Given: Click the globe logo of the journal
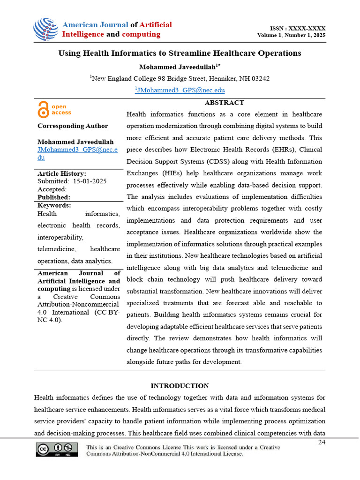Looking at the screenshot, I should pos(45,29).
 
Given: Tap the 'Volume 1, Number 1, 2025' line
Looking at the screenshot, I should pos(291,36).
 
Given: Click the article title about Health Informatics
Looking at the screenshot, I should pos(180,53).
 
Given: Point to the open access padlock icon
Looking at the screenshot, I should pos(43,109).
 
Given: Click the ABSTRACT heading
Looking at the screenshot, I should pos(224,103).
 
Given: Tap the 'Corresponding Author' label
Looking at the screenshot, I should pos(73,126).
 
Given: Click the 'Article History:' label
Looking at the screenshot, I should pos(61,173).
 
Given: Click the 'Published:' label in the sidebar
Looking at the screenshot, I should pos(54,197).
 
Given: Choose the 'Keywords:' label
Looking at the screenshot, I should pos(54,205).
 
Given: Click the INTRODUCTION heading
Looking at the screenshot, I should pos(180,386).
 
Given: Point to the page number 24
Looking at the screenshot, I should pos(322,442).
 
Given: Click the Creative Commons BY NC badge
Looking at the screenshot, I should pos(57,450).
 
